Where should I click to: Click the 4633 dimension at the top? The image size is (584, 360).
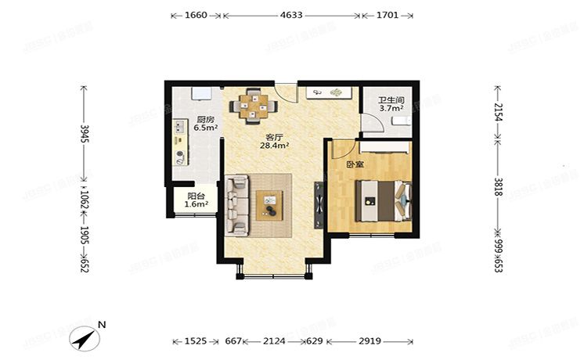coord(291,15)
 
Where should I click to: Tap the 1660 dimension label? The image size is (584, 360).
coord(196,15)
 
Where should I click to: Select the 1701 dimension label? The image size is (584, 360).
coord(387,15)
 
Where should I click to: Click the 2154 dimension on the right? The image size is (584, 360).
coord(497,111)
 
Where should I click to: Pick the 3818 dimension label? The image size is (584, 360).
coord(497,191)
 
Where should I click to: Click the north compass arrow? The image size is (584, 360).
coord(85,337)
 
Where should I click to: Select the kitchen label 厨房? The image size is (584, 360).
coord(205,121)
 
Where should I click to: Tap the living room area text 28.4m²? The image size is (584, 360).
coord(275,145)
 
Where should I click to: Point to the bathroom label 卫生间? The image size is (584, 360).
coord(391,100)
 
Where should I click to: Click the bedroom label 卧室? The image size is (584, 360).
coord(355,164)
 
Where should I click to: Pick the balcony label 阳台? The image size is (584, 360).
coord(196,196)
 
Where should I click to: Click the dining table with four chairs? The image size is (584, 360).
coord(254,104)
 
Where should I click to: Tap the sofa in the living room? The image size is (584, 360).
coord(237,205)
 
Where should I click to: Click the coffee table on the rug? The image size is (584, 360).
coord(272,205)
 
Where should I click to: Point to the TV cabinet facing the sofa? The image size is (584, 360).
coord(319,205)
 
